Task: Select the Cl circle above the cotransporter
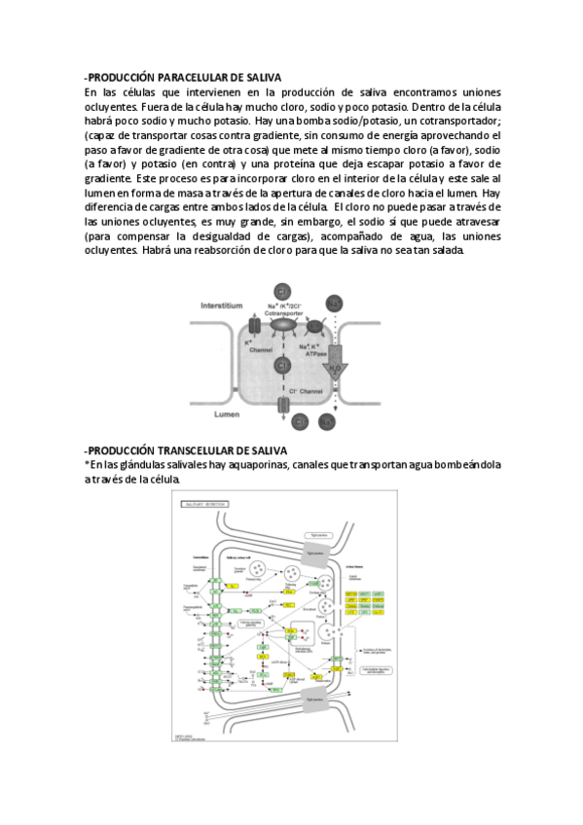click(282, 292)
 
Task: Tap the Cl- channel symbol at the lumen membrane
click(283, 404)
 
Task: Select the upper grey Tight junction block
click(314, 550)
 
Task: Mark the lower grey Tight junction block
click(314, 699)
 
